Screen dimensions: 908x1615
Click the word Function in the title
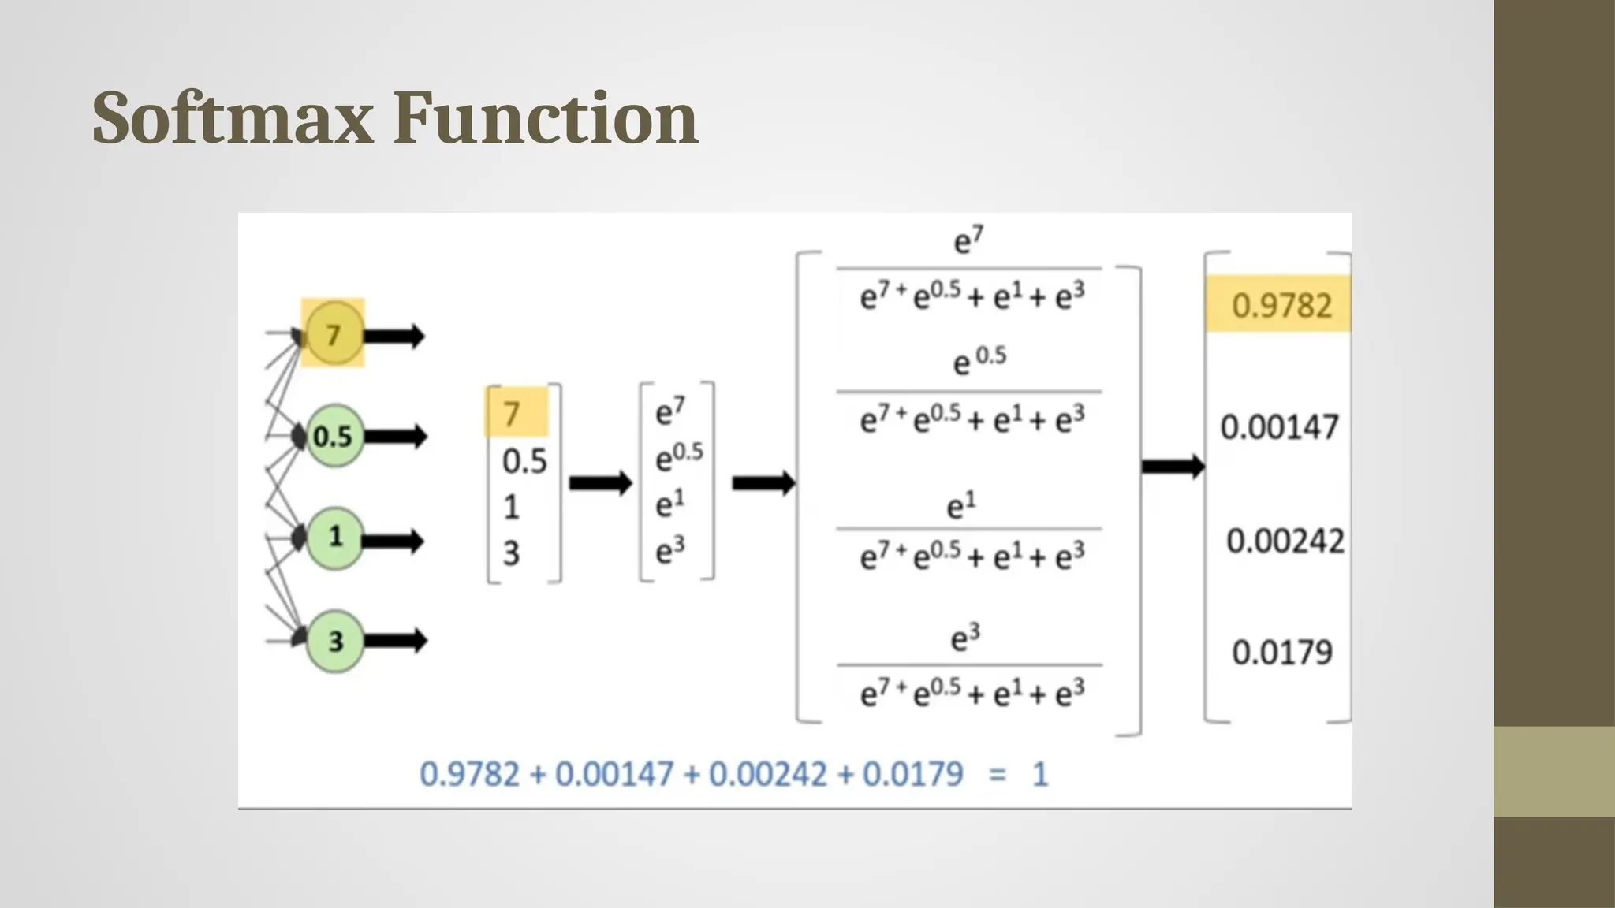(546, 118)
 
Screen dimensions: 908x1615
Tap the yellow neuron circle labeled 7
(334, 334)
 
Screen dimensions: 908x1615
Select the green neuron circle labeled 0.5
(334, 436)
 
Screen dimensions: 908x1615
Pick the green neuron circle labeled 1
(335, 538)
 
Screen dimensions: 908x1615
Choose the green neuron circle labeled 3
(335, 641)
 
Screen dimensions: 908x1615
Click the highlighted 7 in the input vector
(513, 413)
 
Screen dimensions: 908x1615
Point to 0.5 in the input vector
(524, 461)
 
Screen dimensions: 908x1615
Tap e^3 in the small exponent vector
(670, 550)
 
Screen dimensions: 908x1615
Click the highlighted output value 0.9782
(1281, 305)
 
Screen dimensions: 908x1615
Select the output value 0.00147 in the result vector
(1279, 427)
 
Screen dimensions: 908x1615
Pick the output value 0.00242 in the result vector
(1285, 541)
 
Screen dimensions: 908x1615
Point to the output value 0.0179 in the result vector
(1282, 653)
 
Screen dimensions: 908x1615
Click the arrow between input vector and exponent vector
(600, 483)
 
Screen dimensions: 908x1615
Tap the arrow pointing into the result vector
(1173, 467)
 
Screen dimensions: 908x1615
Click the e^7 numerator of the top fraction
(968, 240)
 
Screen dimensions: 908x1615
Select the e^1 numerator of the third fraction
(961, 506)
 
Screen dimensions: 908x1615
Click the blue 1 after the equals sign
(1040, 774)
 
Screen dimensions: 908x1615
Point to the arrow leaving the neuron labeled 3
(395, 640)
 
